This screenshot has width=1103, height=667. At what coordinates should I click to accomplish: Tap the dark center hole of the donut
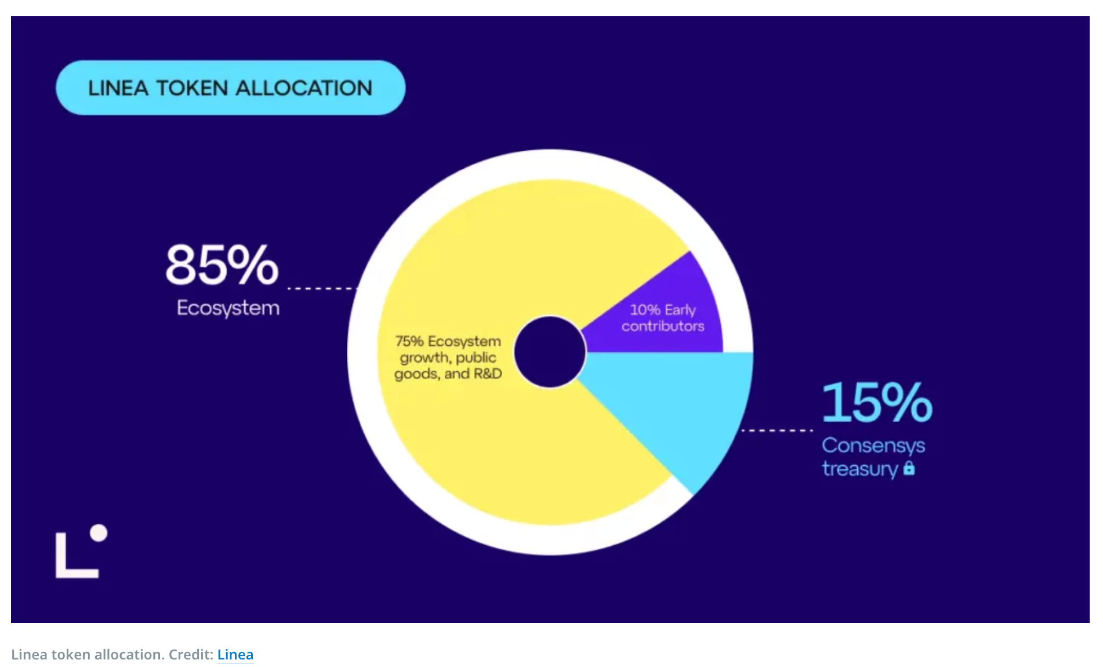pos(550,352)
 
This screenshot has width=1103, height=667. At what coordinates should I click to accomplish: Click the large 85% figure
pos(222,264)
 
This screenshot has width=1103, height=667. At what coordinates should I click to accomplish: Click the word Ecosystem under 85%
pos(228,308)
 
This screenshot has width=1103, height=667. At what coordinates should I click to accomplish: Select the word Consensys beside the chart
pos(873,446)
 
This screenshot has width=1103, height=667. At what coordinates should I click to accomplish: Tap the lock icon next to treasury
pos(909,467)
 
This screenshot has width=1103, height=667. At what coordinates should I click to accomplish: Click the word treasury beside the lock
pos(860,469)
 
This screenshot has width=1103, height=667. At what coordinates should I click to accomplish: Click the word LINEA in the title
pos(118,88)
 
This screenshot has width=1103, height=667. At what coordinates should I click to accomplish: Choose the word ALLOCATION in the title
pos(304,88)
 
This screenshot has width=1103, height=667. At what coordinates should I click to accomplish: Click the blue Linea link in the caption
pos(235,654)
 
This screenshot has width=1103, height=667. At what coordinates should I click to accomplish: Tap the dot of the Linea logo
pos(99,533)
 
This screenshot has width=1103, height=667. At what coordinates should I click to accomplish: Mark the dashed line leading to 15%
pos(777,430)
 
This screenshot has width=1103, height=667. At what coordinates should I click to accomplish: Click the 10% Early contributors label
pos(663,318)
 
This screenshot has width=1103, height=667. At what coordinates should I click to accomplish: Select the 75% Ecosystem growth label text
pos(448,357)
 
